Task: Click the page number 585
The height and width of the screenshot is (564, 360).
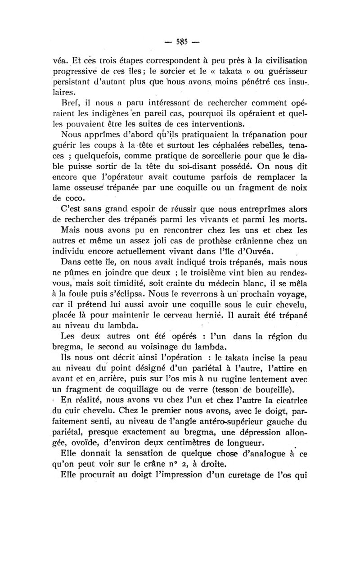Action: click(180, 44)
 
